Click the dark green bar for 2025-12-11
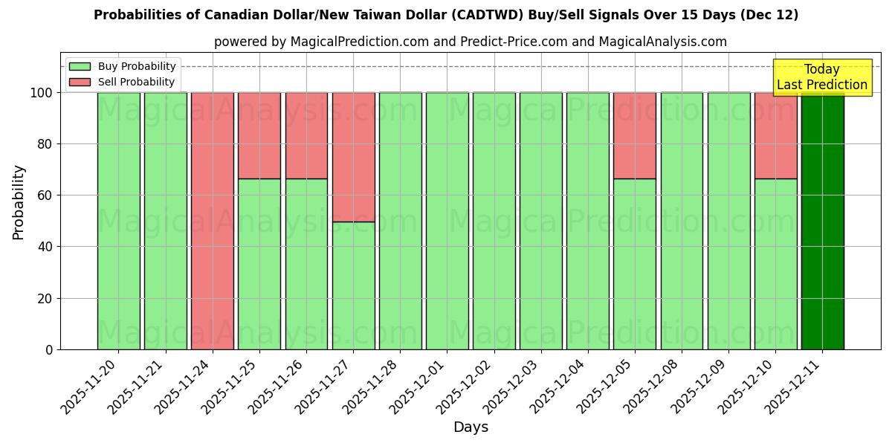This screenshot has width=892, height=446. point(822,221)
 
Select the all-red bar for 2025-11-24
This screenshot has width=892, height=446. point(213,221)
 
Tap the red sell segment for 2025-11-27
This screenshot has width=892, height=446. point(353,157)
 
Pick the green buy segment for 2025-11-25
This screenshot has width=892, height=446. point(259,264)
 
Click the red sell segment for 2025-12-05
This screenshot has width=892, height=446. point(635,135)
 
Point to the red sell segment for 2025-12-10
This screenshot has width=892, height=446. point(775,135)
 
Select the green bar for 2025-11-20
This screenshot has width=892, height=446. point(119,221)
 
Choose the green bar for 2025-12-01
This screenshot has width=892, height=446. point(447,221)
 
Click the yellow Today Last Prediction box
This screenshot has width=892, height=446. point(821,77)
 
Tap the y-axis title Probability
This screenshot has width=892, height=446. point(19,202)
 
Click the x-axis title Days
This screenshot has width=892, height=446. point(471,427)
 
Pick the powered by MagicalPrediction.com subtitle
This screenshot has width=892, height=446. point(471,42)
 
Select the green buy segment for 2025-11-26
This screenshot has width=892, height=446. point(306,264)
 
